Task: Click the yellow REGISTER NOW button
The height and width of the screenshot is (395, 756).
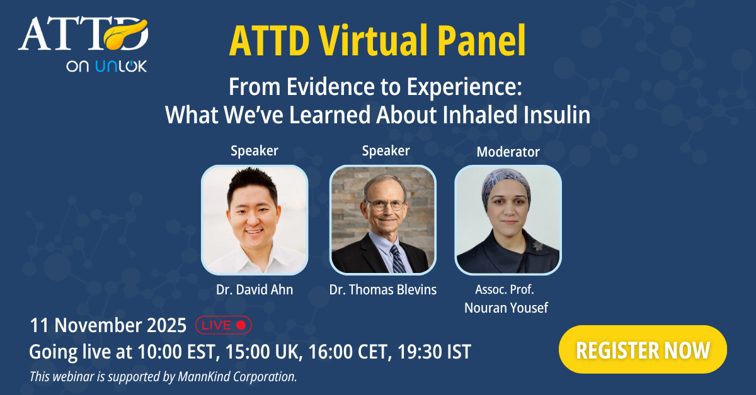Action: pyautogui.click(x=643, y=350)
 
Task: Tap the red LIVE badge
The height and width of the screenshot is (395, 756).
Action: pyautogui.click(x=224, y=325)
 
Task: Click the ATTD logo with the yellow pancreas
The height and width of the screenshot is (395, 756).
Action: pyautogui.click(x=83, y=35)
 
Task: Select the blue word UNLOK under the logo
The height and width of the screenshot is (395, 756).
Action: pyautogui.click(x=121, y=66)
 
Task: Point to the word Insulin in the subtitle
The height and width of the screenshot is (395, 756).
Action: pyautogui.click(x=557, y=115)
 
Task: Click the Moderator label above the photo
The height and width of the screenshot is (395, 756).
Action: pyautogui.click(x=508, y=152)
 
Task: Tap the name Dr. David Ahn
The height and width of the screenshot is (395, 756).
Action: pyautogui.click(x=255, y=289)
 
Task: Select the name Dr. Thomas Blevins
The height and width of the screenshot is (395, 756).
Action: pyautogui.click(x=383, y=289)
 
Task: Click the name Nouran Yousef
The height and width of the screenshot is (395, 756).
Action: pyautogui.click(x=506, y=308)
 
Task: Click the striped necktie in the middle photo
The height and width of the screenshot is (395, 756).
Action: pyautogui.click(x=398, y=259)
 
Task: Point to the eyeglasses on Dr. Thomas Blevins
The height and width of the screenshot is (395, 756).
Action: pyautogui.click(x=386, y=204)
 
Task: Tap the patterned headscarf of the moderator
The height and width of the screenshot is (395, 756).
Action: pyautogui.click(x=507, y=185)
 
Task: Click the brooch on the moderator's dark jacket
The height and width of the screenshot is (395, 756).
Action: pyautogui.click(x=537, y=246)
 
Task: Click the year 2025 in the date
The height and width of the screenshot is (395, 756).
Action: pyautogui.click(x=166, y=325)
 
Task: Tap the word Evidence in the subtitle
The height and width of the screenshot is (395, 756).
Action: pyautogui.click(x=330, y=87)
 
